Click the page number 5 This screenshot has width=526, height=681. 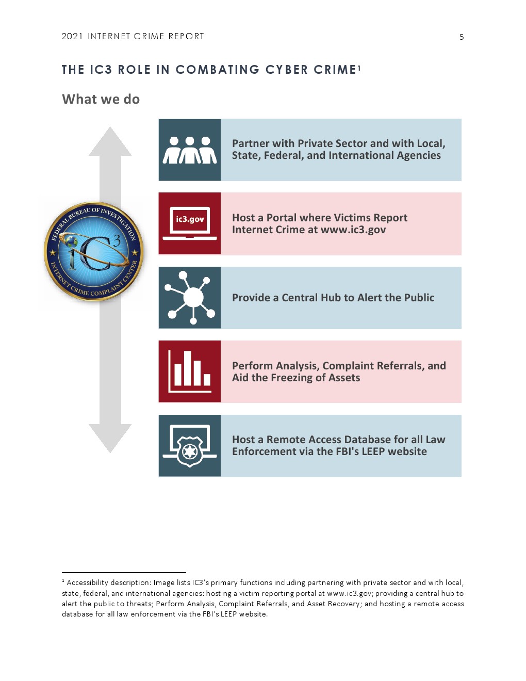coord(461,37)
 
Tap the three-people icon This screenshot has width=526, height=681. coord(190,150)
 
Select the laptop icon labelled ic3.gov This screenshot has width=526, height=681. coord(190,223)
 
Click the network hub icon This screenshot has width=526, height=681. coord(190,297)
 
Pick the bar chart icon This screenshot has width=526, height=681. coord(190,371)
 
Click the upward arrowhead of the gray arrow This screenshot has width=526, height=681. coord(110,141)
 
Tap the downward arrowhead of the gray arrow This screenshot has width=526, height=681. coord(110,438)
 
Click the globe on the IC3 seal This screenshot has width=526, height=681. coord(72,242)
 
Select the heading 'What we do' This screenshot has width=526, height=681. coord(101,99)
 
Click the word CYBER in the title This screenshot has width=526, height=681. coord(287,70)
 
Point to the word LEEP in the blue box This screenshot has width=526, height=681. coord(374,451)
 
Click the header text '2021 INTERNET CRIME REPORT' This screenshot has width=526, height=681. coord(133,36)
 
